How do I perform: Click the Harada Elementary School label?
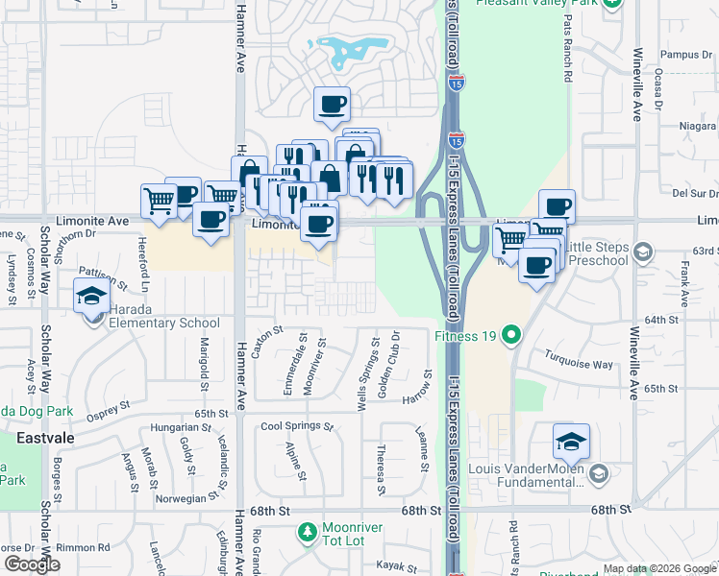click(x=159, y=323)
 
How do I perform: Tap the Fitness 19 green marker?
click(x=511, y=336)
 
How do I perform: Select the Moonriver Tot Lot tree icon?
click(x=307, y=531)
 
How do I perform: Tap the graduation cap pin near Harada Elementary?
click(x=91, y=296)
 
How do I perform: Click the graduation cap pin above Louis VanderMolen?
click(x=571, y=441)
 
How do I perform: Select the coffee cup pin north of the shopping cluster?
click(x=332, y=104)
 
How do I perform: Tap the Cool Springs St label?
click(x=296, y=426)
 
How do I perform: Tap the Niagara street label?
click(x=697, y=125)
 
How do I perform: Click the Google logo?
click(x=32, y=564)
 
